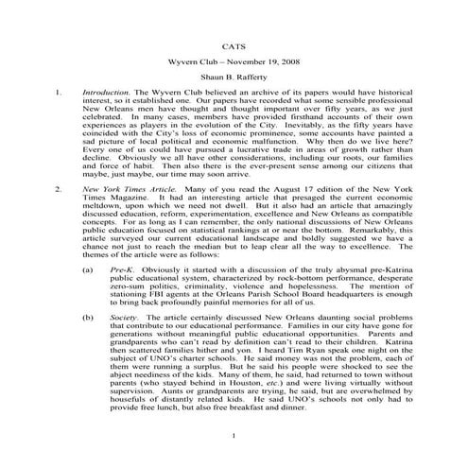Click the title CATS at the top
234,44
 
